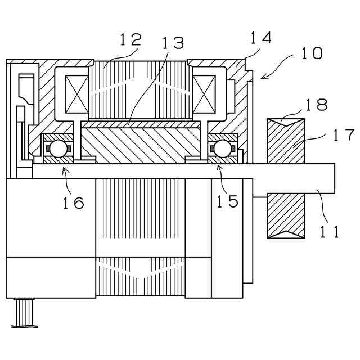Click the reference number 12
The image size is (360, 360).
(130, 40)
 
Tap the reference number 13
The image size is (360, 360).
(173, 43)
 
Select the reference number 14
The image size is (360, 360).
(261, 38)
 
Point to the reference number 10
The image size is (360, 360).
(311, 54)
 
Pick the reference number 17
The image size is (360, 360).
(343, 136)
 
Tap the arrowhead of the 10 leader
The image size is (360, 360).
(262, 78)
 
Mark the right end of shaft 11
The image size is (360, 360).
(334, 177)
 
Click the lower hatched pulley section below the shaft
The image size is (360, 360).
(286, 216)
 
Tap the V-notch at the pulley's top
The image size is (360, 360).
(286, 120)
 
